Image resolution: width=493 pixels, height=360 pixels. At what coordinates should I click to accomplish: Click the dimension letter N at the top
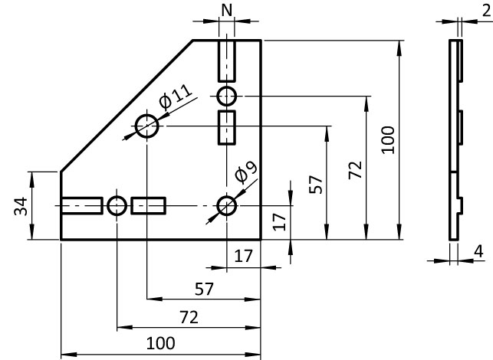point(226,10)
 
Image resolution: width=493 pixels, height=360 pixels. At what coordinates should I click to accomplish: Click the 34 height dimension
point(21,206)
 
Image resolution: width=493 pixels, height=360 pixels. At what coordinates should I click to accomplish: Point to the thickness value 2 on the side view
point(486,9)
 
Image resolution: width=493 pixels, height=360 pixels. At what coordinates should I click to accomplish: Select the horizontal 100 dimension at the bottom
point(159,342)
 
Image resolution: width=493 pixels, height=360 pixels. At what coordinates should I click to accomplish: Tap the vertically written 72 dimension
point(354,170)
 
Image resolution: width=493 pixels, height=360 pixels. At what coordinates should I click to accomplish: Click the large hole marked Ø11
point(146,126)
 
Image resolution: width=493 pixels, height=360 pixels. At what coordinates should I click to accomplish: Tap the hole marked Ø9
point(226,205)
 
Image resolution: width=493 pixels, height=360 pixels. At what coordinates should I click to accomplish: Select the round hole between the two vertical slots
point(227,97)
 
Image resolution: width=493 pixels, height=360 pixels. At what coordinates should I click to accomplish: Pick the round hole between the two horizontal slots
point(117,205)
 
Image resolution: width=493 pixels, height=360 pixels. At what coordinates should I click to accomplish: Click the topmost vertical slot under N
point(227,61)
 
